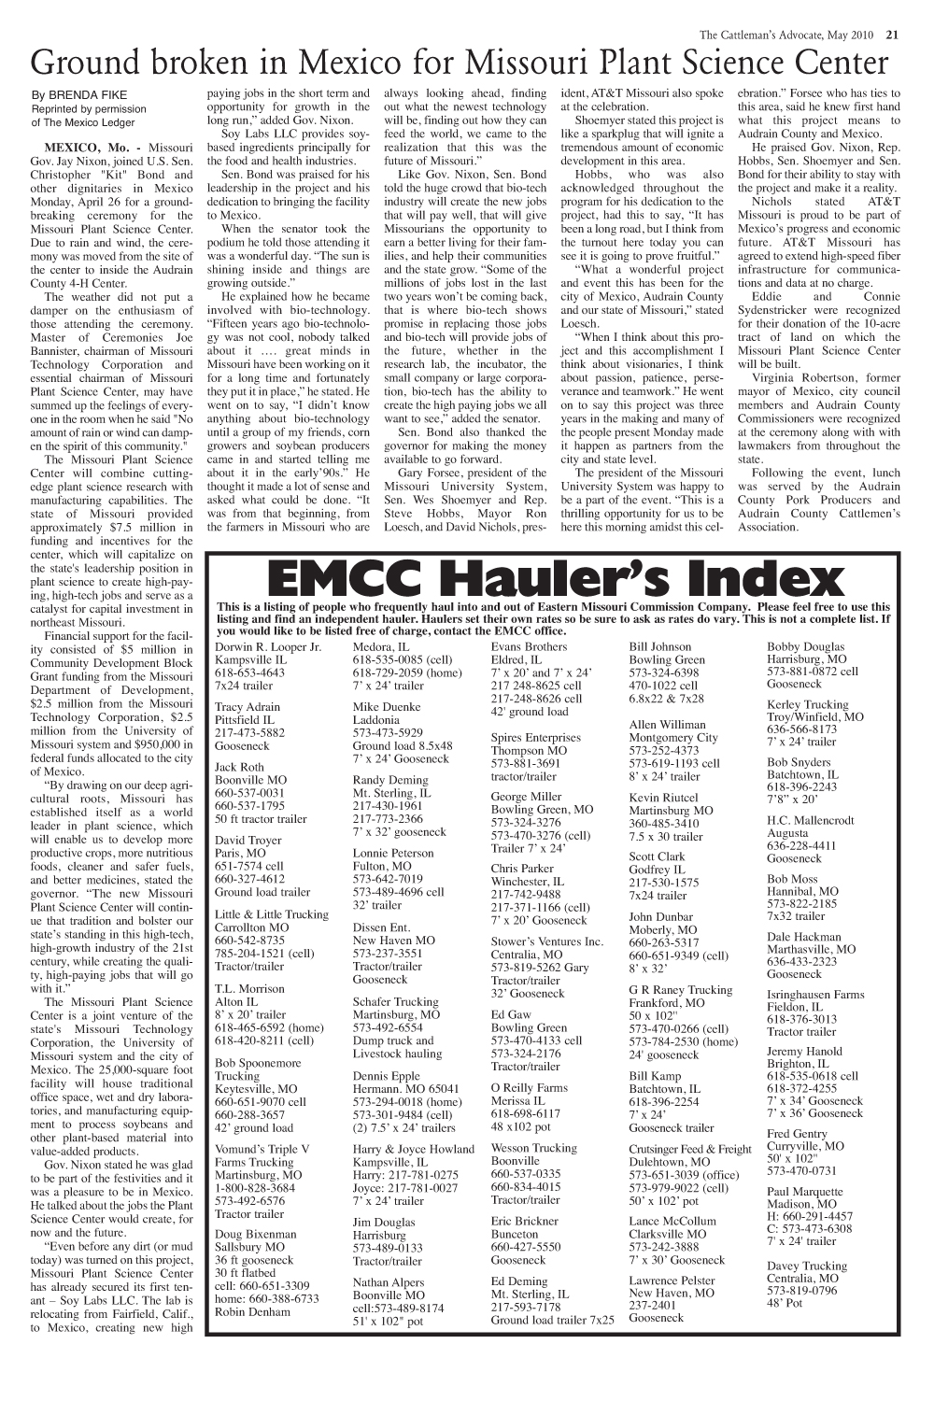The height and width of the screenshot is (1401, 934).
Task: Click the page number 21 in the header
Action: click(892, 36)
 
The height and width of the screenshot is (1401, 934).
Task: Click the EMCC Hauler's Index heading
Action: click(554, 578)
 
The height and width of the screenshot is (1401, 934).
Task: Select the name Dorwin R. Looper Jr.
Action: click(268, 646)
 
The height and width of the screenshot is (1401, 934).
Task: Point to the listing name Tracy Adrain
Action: click(248, 707)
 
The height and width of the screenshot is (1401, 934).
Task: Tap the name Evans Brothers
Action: click(529, 646)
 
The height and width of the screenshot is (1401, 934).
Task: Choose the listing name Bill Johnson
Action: click(661, 646)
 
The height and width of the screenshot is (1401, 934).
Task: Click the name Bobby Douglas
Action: click(805, 646)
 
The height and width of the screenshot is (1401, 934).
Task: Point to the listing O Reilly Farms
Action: click(529, 1087)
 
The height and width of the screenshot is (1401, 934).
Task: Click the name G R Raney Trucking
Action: click(681, 989)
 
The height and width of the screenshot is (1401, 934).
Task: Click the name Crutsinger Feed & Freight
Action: click(690, 1149)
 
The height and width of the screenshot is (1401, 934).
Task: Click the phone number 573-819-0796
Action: click(801, 1291)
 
